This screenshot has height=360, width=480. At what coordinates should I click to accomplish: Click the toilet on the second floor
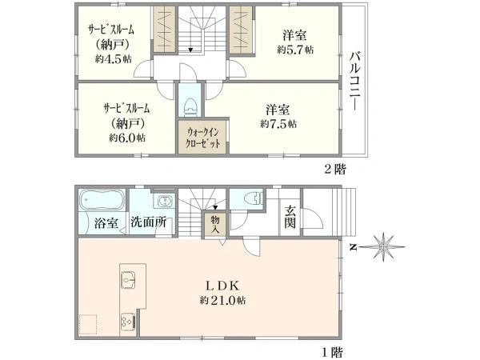[190, 104]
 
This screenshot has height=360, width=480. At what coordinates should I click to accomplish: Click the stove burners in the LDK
[128, 322]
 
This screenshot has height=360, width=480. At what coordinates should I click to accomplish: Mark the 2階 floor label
[334, 169]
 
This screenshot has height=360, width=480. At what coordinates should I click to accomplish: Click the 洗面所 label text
[149, 222]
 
